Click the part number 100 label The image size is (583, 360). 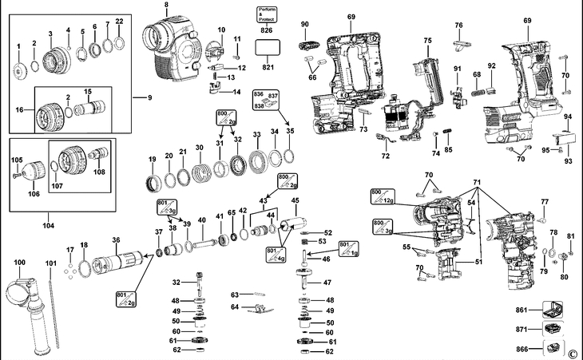tap(19, 263)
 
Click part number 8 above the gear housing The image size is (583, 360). tap(166, 6)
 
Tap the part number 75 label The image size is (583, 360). tap(427, 41)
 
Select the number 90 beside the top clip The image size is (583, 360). tap(304, 25)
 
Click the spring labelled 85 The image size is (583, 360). tap(448, 131)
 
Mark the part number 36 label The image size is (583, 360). tap(116, 240)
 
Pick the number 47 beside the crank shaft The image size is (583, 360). tap(327, 283)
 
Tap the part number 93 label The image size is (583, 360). tap(568, 161)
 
